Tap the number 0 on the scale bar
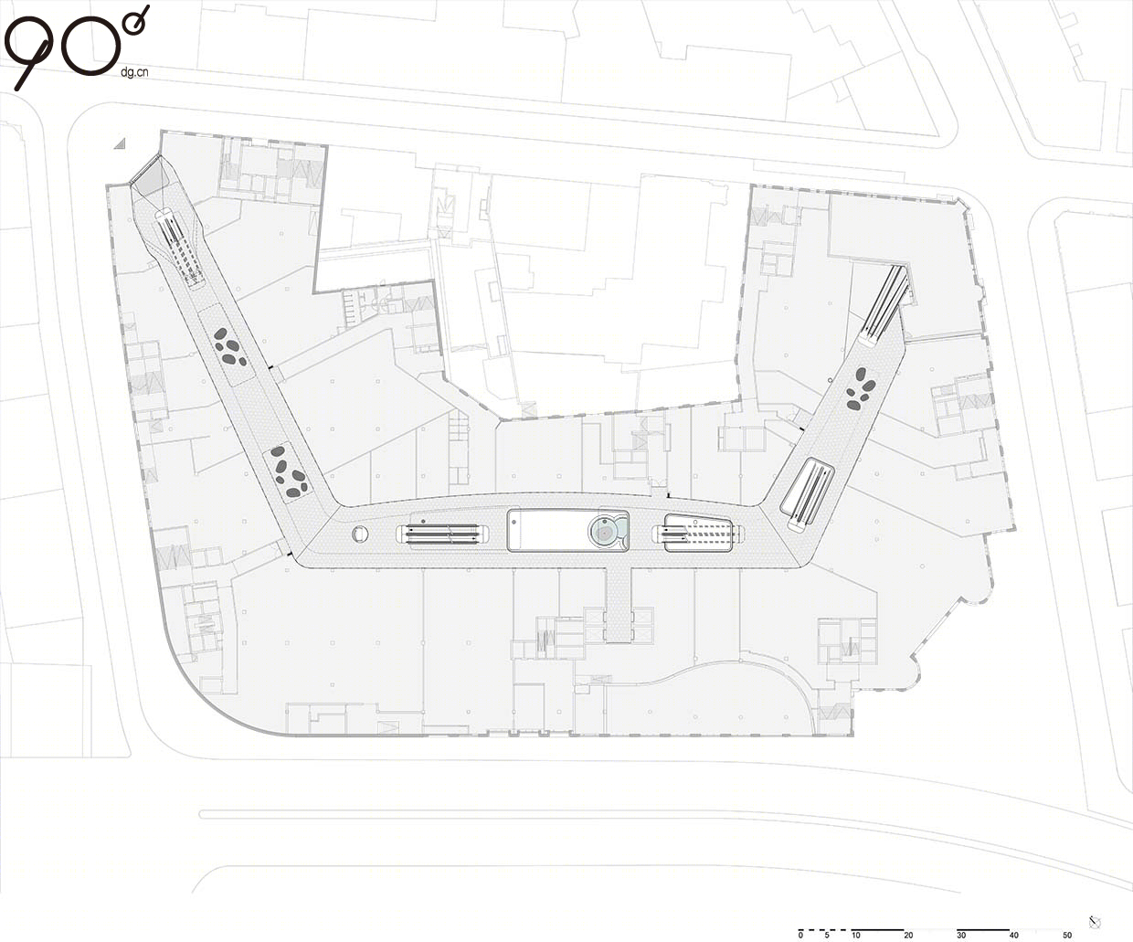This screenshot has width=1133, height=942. (x=800, y=936)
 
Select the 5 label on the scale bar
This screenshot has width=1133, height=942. (x=827, y=936)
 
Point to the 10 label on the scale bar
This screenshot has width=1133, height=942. (x=856, y=936)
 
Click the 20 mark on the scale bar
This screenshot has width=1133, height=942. (x=908, y=936)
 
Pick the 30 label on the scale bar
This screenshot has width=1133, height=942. (x=961, y=936)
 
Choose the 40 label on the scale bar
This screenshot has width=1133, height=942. (x=1013, y=936)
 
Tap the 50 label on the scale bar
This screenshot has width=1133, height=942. (x=1067, y=936)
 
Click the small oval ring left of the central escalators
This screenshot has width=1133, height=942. (x=360, y=534)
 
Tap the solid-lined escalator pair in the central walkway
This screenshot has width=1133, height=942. (x=442, y=534)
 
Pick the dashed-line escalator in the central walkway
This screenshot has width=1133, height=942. (x=697, y=534)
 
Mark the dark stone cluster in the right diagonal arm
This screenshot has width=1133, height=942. (x=861, y=389)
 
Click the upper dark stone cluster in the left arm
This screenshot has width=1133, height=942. (x=230, y=346)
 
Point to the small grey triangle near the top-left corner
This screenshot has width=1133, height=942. (x=120, y=143)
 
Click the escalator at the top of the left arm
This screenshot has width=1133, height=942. (x=179, y=247)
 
